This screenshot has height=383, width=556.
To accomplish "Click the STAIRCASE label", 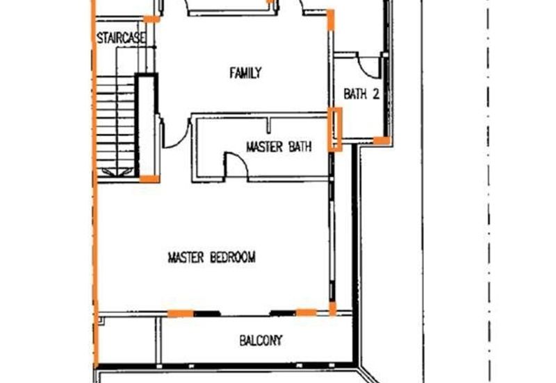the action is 121,38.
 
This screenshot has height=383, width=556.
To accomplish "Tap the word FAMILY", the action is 246,73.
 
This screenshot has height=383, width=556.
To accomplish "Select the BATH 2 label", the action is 361,94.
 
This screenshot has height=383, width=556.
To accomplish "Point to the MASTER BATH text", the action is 279,146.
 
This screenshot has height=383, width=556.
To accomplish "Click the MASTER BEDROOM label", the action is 212,257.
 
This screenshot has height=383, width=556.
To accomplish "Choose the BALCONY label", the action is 261,341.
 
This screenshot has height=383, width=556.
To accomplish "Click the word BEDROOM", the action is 233,257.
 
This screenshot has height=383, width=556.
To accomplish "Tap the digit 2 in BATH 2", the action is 375,94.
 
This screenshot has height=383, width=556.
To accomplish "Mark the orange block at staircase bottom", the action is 149,179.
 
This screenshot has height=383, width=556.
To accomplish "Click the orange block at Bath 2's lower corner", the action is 382,141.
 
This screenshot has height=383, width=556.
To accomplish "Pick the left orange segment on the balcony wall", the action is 181,313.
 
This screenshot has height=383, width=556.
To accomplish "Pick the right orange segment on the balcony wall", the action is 306,312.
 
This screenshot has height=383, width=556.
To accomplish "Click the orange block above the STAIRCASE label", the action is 152,19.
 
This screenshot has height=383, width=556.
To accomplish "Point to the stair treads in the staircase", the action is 116,126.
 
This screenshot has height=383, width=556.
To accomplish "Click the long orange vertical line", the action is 95,184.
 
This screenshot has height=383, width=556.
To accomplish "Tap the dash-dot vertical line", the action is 489,191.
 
